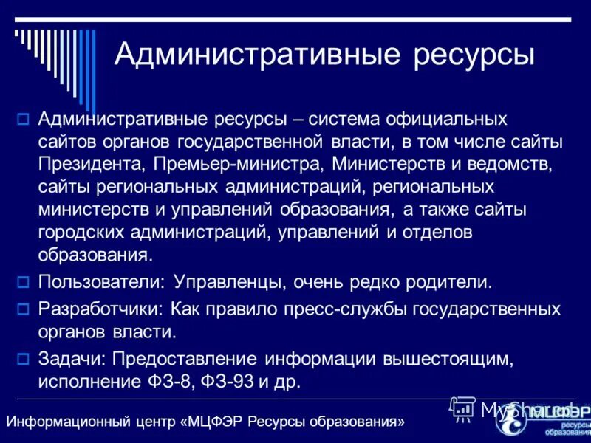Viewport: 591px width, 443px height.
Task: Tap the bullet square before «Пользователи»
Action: pyautogui.click(x=23, y=281)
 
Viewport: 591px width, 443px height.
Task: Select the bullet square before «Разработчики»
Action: pyautogui.click(x=23, y=309)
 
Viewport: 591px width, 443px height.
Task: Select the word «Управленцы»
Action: pyautogui.click(x=230, y=281)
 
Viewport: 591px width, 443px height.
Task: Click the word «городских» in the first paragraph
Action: pyautogui.click(x=86, y=233)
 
